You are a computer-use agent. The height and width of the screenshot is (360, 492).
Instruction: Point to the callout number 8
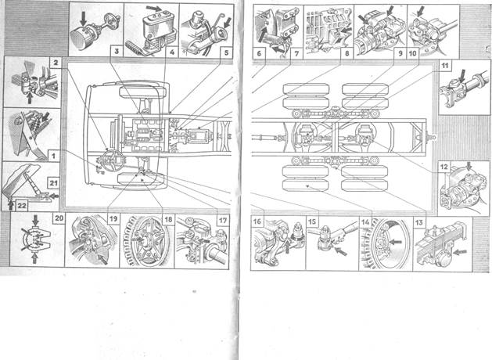(x=345, y=55)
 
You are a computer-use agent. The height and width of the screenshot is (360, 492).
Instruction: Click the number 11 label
(x=445, y=67)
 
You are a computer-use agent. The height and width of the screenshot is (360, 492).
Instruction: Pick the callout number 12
(x=442, y=167)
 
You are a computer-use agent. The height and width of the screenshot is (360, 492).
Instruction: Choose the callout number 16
(x=257, y=221)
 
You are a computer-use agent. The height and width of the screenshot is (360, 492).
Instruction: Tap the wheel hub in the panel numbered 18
(x=146, y=245)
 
